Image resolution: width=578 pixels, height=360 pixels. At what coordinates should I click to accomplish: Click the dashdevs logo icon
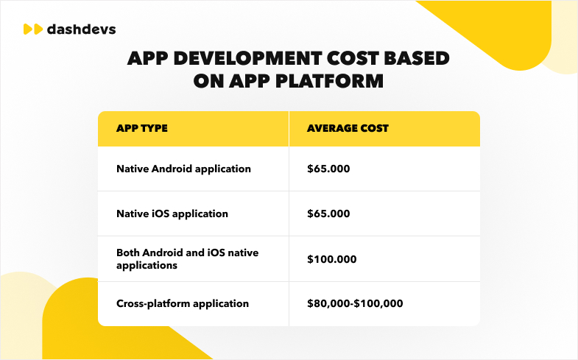point(32,29)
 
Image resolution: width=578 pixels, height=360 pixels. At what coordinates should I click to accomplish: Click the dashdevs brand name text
point(80,29)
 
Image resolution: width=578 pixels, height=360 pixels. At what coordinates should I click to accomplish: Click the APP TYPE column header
point(142,128)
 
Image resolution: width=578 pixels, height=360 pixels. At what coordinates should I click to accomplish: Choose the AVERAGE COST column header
point(348,128)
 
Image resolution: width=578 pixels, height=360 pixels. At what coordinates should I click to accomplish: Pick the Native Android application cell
point(183,169)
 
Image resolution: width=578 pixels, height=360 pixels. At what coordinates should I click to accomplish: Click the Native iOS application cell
point(172,213)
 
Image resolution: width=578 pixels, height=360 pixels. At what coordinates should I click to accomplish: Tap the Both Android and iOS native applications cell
point(187,258)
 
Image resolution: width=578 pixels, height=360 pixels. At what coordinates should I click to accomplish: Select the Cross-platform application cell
point(183,303)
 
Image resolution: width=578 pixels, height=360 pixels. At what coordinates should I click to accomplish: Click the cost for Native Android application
point(328,169)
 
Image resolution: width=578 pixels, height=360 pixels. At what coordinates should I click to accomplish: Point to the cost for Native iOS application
point(328,213)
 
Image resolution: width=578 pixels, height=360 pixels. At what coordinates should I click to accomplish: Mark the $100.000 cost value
point(331,258)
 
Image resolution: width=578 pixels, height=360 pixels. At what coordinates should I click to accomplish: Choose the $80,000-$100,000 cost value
point(355,303)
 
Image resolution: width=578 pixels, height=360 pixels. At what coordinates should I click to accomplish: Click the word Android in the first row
point(172,169)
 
